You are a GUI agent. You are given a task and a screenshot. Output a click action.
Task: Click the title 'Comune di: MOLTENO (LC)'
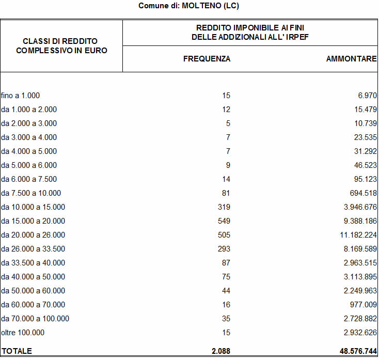click(189, 6)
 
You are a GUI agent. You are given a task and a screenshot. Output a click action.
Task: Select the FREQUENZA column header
click(207, 59)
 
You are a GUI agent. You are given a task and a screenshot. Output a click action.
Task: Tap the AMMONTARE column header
click(351, 59)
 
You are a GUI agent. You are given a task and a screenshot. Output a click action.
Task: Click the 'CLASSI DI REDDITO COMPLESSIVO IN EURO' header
click(61, 45)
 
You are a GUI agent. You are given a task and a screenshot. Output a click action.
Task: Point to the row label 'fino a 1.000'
click(21, 96)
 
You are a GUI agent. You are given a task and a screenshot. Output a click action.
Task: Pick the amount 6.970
click(366, 96)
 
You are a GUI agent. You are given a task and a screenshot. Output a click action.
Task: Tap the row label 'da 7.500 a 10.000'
click(31, 193)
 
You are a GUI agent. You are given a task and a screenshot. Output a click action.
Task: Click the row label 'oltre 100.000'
click(23, 333)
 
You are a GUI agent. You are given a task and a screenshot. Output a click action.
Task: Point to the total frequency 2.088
click(221, 351)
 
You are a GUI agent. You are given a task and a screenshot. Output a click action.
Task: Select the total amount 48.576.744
click(354, 351)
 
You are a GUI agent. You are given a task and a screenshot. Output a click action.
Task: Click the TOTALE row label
click(17, 351)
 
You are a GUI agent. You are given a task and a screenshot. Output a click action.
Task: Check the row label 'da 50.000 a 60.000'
click(33, 291)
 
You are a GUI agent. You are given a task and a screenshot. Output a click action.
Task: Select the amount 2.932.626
click(357, 333)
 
